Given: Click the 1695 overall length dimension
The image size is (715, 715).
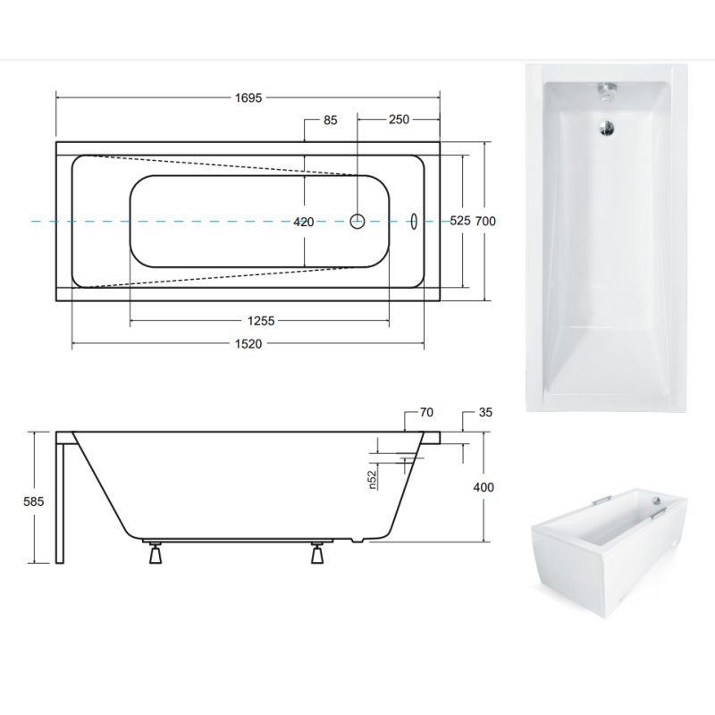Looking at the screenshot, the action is click(248, 97).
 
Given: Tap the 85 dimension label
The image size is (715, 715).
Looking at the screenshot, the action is click(330, 120).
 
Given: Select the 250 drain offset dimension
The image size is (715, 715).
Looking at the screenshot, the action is click(399, 120).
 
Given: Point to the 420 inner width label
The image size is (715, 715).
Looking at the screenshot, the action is click(304, 222).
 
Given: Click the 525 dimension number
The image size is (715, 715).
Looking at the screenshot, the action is click(459, 221).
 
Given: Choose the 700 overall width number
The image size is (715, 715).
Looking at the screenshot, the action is click(485, 221).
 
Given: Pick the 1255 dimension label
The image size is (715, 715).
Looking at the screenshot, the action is click(261, 321).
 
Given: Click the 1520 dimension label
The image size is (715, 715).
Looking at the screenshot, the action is click(248, 344).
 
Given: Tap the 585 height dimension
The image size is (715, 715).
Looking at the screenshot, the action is click(34, 501).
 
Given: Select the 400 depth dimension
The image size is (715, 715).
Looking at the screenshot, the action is click(484, 487).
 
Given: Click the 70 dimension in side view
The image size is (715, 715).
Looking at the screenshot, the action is click(426, 412).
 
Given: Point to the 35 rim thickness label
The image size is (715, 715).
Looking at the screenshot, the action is click(485, 412).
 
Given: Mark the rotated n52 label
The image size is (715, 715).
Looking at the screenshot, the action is click(373, 480).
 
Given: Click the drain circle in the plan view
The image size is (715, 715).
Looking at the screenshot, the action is click(357, 221).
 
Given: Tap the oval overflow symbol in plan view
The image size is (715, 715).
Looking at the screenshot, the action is click(414, 221).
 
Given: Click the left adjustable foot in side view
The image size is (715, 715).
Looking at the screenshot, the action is click(156, 552).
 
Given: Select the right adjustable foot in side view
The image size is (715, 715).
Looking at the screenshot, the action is click(317, 552).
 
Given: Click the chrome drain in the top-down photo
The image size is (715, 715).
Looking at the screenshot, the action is click(607, 127).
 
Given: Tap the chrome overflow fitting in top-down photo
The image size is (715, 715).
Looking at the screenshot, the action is click(607, 91).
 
